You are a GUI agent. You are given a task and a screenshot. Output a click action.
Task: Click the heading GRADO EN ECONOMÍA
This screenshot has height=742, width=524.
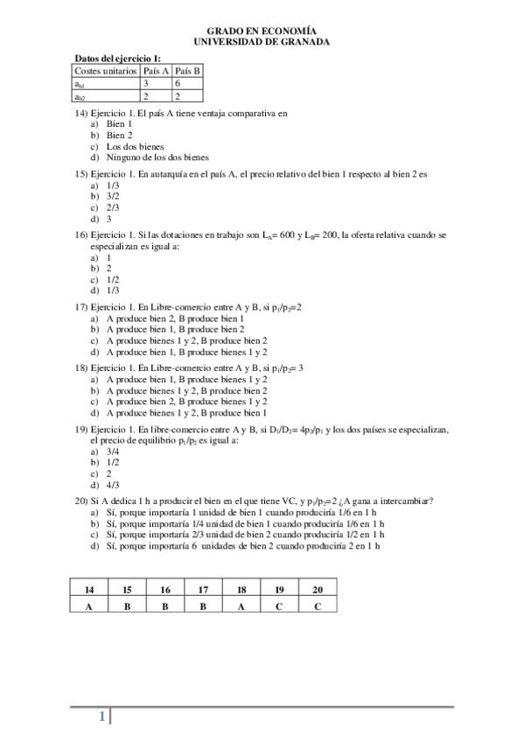pyautogui.click(x=262, y=29)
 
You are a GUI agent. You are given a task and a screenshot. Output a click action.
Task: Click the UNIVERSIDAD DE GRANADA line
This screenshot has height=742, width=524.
pyautogui.click(x=262, y=39)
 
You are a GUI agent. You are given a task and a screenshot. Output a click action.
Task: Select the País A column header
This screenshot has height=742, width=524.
pyautogui.click(x=156, y=70)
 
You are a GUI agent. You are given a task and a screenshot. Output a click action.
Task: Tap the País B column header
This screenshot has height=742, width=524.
pyautogui.click(x=186, y=70)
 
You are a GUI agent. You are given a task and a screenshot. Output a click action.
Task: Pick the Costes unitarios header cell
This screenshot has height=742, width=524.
pyautogui.click(x=106, y=70)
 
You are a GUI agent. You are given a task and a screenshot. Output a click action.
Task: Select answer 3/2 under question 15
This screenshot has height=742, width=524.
pyautogui.click(x=112, y=198)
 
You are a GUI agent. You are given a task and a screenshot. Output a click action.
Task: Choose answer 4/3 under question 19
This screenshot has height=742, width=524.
pyautogui.click(x=112, y=484)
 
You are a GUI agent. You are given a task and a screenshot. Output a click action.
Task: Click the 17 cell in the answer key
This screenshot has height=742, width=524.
pyautogui.click(x=203, y=591)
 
